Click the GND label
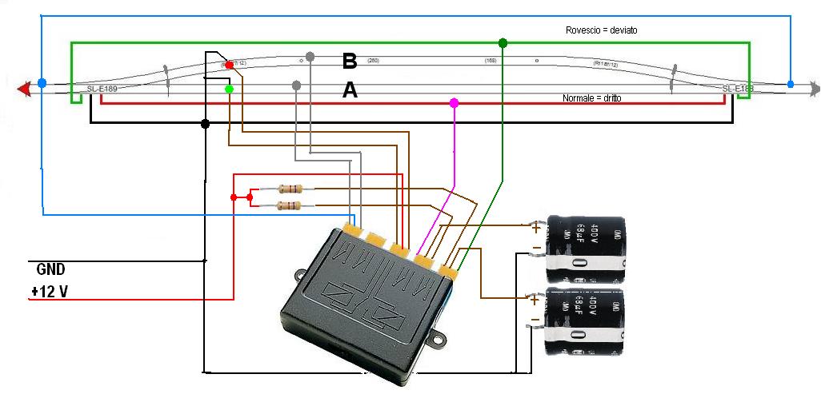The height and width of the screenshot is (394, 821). point(51,269)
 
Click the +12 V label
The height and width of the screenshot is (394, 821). point(50,293)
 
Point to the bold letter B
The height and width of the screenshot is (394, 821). point(349,61)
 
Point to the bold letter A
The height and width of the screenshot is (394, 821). point(350,91)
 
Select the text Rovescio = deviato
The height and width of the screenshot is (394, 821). point(601,30)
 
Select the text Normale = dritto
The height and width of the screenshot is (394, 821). point(592,98)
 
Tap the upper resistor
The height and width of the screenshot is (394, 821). point(290,189)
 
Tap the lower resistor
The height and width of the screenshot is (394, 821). point(290,206)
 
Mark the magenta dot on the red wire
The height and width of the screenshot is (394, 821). point(455,103)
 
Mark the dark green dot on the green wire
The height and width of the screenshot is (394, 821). point(503,42)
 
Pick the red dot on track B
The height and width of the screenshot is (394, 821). point(230,65)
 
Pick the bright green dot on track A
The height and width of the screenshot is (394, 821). point(230,90)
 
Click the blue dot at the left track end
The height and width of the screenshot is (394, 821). point(42,82)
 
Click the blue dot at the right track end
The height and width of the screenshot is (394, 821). point(791,84)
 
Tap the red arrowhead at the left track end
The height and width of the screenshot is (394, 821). point(25,87)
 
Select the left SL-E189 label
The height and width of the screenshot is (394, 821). point(102,88)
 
